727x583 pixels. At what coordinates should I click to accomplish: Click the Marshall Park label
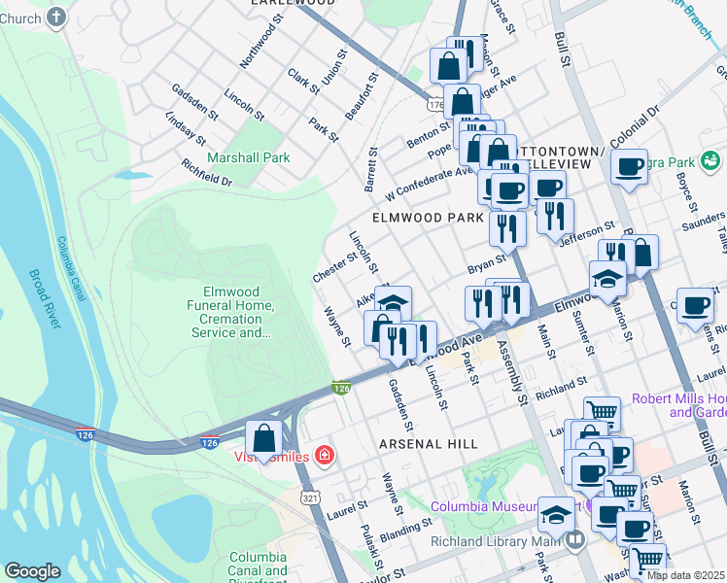pos(248,157)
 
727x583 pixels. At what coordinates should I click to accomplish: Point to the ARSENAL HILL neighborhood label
pos(429,443)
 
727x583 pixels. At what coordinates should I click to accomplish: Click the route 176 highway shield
pos(434,101)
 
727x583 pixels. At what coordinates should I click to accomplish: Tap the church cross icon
pos(57,17)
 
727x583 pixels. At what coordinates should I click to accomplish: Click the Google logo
pos(32,571)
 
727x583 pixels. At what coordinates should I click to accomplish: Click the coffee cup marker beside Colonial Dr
pos(630,167)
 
